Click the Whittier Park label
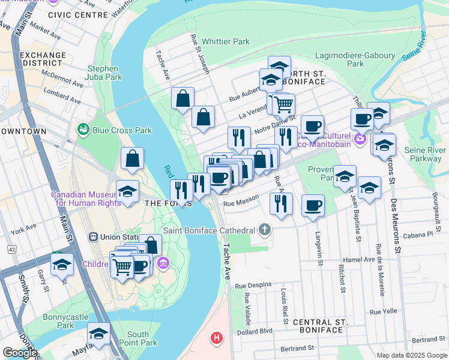[x=226, y=41]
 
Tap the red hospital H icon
[x=216, y=338]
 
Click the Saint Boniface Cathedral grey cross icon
[x=265, y=230]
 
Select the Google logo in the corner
[x=20, y=353]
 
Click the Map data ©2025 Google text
[x=412, y=355]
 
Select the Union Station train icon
[x=93, y=237]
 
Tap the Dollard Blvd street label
[x=255, y=331]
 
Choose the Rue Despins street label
[x=253, y=284]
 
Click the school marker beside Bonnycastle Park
[x=99, y=334]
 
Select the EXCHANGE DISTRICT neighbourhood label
[x=43, y=59]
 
